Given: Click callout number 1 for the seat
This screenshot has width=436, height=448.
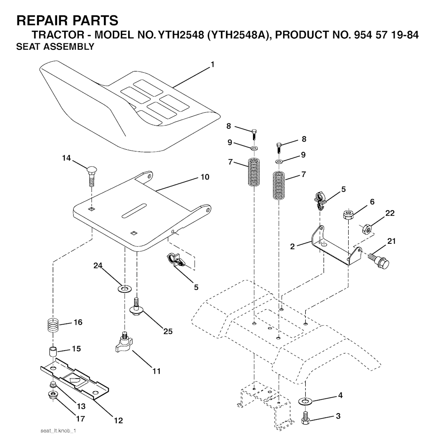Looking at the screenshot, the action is click(x=212, y=65).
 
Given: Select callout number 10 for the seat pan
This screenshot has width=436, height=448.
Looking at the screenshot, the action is click(x=205, y=177).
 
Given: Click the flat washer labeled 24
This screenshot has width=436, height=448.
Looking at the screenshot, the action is click(x=124, y=288).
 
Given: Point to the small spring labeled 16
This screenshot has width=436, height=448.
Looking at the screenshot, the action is click(x=53, y=325).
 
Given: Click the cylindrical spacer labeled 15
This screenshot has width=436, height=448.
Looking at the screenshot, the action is click(x=52, y=351).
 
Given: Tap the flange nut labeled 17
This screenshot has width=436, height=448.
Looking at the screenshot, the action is click(x=53, y=396).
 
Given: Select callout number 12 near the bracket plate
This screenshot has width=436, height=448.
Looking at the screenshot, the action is click(x=118, y=420).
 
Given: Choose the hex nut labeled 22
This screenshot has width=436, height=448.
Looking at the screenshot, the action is click(x=366, y=229).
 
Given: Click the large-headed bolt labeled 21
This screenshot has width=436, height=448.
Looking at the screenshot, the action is click(x=379, y=259).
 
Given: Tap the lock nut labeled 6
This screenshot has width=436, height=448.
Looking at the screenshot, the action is click(x=348, y=214).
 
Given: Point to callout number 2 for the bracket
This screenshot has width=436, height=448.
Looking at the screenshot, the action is click(x=292, y=246).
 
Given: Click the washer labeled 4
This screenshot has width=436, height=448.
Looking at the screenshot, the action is click(x=305, y=401).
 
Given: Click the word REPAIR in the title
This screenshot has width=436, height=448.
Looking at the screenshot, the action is click(x=39, y=20).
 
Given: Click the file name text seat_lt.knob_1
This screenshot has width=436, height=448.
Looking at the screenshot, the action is click(x=58, y=431).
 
